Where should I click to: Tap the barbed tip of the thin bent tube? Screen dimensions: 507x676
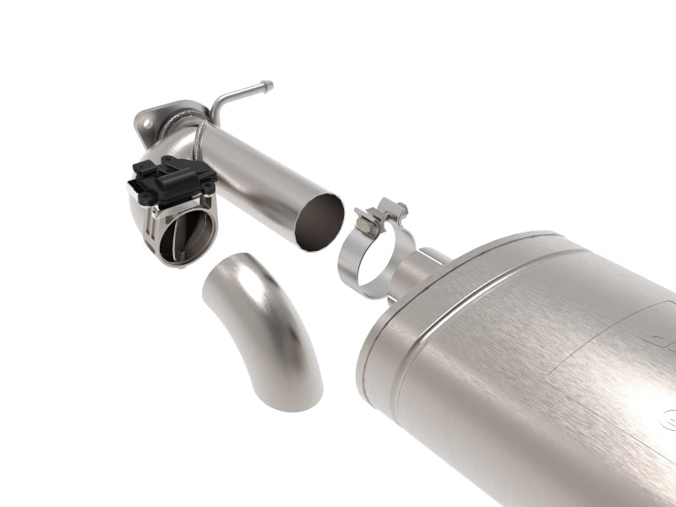(267, 84)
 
